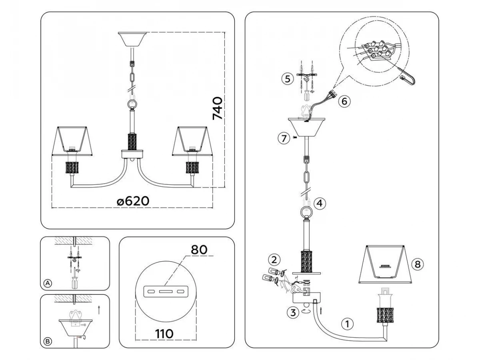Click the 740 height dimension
pyautogui.click(x=217, y=109)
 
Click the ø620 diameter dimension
pyautogui.click(x=133, y=201)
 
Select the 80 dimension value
pyautogui.click(x=199, y=250)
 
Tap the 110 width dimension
pyautogui.click(x=164, y=334)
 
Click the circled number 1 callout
pyautogui.click(x=347, y=324)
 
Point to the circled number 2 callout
pyautogui.click(x=274, y=260)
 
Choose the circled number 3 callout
pyautogui.click(x=293, y=312)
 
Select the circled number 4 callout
pyautogui.click(x=320, y=203)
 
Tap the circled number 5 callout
pyautogui.click(x=288, y=79)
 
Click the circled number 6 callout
pyautogui.click(x=344, y=102)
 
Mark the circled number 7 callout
pyautogui.click(x=284, y=138)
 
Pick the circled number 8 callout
pyautogui.click(x=418, y=264)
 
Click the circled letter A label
pyautogui.click(x=48, y=284)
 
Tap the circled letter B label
pyautogui.click(x=48, y=342)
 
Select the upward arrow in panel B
pyautogui.click(x=99, y=310)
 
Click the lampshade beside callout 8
pyautogui.click(x=385, y=265)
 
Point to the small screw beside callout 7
pyautogui.click(x=295, y=138)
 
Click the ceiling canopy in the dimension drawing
pyautogui.click(x=132, y=39)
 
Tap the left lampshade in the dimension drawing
pyautogui.click(x=72, y=141)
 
